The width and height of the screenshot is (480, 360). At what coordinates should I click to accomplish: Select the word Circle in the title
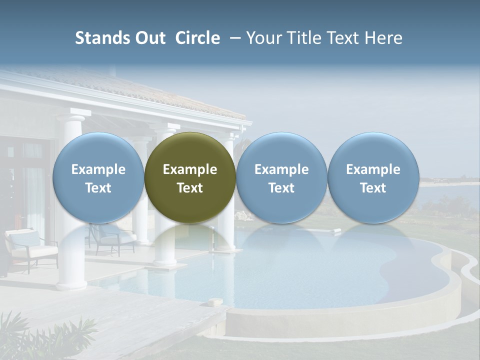pyautogui.click(x=197, y=38)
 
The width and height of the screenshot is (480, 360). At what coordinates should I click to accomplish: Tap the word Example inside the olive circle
pyautogui.click(x=190, y=169)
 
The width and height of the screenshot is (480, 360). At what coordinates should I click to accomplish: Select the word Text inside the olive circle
pyautogui.click(x=190, y=188)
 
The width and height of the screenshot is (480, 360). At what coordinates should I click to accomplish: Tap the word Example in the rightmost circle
pyautogui.click(x=373, y=169)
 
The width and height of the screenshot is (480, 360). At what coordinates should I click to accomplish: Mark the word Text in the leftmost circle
pyautogui.click(x=98, y=188)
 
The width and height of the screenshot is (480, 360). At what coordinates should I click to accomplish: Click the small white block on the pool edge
pyautogui.click(x=216, y=302)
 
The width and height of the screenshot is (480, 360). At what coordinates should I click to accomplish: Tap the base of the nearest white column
pyautogui.click(x=71, y=285)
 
